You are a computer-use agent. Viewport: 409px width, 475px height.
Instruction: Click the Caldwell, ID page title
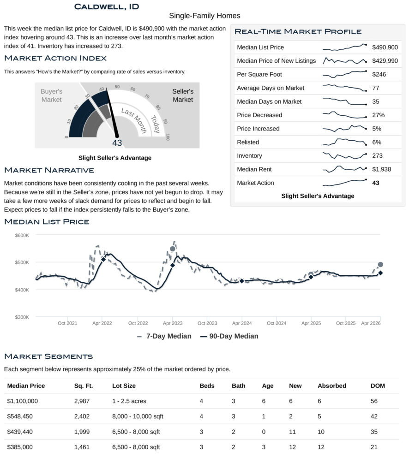point(106,6)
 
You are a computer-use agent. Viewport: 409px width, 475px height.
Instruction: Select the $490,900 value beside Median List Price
point(385,47)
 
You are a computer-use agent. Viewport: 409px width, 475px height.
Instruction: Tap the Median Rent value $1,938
point(381,169)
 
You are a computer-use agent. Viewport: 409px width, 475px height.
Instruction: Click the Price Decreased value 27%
point(378,115)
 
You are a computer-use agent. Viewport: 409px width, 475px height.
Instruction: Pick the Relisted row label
point(248,142)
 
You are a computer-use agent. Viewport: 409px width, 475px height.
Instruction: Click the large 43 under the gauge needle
point(117,143)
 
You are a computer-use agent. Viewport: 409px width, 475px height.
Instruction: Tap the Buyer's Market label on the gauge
point(51,95)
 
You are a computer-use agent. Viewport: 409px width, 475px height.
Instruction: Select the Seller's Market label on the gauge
point(183,95)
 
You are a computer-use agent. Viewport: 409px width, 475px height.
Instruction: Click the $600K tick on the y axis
point(22,235)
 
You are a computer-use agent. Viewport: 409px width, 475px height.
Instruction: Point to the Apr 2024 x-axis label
point(241,323)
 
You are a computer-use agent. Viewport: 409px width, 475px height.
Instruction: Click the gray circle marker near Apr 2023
point(173,249)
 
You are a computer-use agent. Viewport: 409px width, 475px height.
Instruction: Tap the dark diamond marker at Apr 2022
point(103,260)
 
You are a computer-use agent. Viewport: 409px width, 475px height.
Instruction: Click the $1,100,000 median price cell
point(23,401)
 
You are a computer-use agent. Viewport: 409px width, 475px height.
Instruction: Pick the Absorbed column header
point(332,386)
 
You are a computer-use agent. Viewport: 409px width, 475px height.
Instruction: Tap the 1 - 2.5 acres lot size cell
point(129,401)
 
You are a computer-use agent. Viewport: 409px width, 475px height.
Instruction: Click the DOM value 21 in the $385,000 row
point(374,447)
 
